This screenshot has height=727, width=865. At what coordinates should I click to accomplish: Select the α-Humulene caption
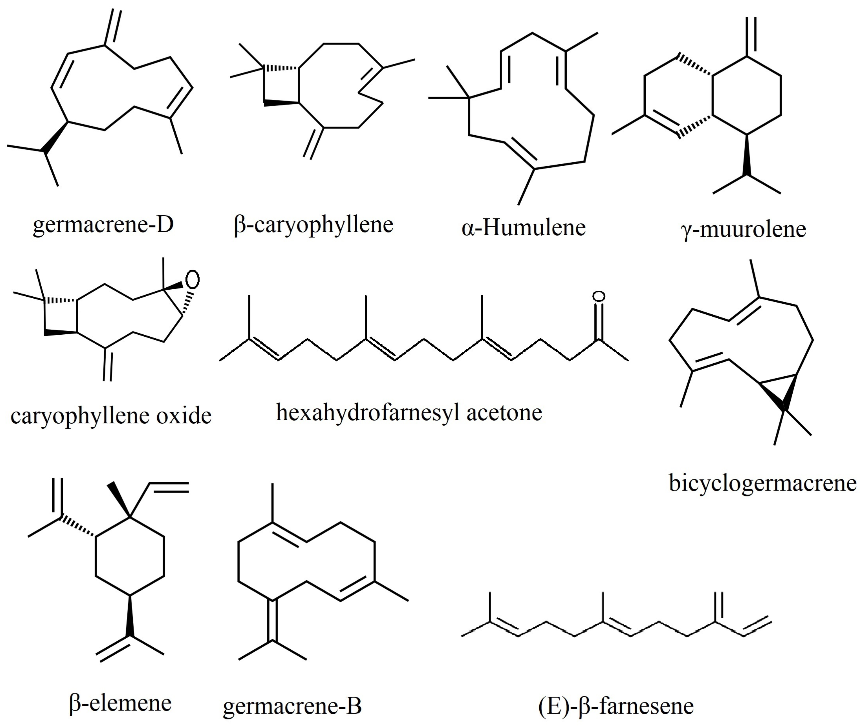pos(523,228)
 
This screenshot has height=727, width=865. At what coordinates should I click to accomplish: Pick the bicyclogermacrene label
pos(762,483)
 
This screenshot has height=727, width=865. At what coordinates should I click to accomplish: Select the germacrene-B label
pos(292,706)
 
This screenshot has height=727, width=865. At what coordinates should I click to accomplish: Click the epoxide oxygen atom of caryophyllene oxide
pos(192,279)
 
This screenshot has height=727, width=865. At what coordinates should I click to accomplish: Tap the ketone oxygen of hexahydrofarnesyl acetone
pos(598,296)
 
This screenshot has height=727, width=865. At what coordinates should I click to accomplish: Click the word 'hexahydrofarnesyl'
pos(368,412)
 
